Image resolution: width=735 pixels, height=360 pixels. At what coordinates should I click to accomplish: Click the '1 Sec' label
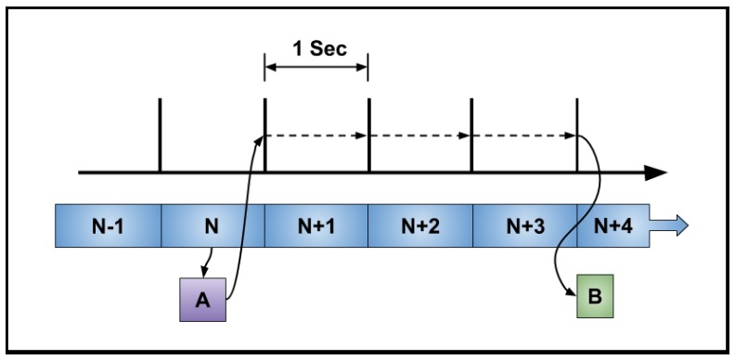(x=316, y=48)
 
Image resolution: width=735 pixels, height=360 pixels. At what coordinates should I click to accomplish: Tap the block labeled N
(x=213, y=225)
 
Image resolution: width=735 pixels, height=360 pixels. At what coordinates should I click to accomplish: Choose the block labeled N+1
(x=316, y=225)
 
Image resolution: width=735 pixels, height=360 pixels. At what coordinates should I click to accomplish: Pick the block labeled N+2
(x=420, y=225)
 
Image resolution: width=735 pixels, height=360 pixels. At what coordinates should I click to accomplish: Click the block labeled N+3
(x=524, y=225)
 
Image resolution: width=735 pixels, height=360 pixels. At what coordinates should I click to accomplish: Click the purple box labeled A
(x=203, y=299)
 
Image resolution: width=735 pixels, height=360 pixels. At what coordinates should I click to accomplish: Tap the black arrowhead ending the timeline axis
(x=656, y=173)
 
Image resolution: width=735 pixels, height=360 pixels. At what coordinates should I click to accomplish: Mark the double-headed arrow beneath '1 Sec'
(x=316, y=68)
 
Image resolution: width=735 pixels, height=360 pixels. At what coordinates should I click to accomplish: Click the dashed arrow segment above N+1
(x=316, y=135)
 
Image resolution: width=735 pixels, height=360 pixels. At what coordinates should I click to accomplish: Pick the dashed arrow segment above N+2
(x=420, y=135)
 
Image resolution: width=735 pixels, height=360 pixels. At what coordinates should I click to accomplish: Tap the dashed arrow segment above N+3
(x=524, y=135)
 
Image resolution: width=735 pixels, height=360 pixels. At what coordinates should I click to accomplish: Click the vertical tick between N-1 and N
(x=161, y=135)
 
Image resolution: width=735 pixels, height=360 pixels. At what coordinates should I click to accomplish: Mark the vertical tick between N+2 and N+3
(x=472, y=135)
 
